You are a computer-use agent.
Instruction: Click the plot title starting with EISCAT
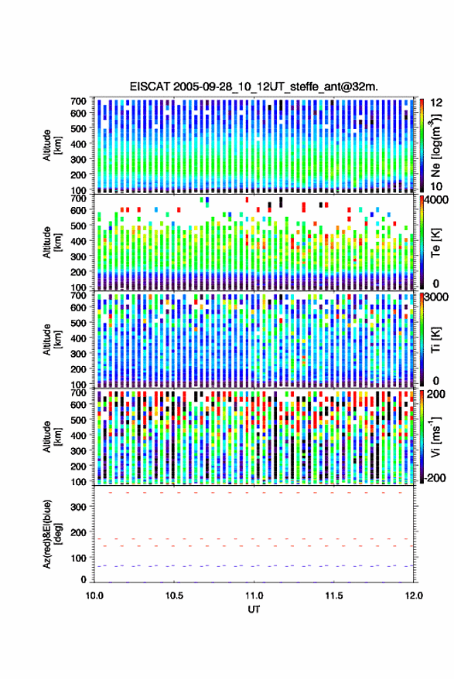click(254, 87)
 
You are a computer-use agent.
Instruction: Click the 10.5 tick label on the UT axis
click(174, 596)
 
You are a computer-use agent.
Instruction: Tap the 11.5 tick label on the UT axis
click(333, 596)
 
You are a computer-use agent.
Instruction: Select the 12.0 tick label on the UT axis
click(413, 596)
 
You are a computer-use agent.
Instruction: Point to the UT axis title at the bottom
click(254, 609)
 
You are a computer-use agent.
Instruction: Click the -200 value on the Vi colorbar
click(435, 478)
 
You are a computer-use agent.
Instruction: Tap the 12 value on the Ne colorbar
click(436, 103)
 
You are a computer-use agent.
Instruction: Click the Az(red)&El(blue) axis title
click(52, 534)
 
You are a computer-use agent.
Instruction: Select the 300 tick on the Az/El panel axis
click(78, 507)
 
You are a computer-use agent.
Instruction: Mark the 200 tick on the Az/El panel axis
click(78, 532)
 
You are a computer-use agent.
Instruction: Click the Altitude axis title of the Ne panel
click(52, 145)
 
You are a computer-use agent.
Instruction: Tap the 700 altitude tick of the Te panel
click(78, 198)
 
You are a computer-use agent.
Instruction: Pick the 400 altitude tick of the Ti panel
click(78, 338)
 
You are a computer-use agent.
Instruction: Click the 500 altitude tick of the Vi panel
click(78, 419)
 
